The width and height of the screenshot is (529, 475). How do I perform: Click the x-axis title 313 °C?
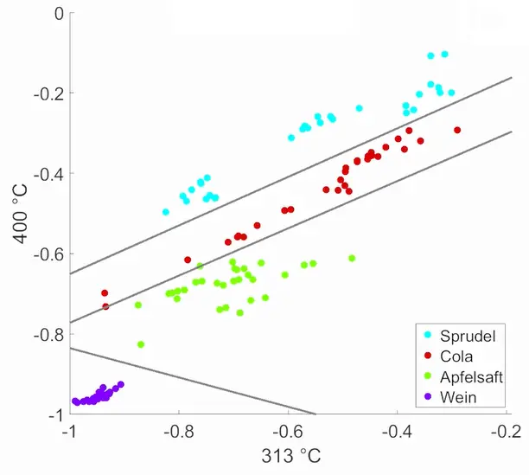pyautogui.click(x=287, y=456)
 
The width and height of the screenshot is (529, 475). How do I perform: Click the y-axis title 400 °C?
pyautogui.click(x=15, y=214)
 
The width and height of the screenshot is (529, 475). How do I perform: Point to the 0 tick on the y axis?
pyautogui.click(x=58, y=13)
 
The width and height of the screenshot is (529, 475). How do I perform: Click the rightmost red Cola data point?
pyautogui.click(x=457, y=130)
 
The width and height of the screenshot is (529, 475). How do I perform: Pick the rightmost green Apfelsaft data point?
pyautogui.click(x=352, y=258)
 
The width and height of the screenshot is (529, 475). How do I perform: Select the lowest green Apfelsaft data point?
pyautogui.click(x=141, y=344)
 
